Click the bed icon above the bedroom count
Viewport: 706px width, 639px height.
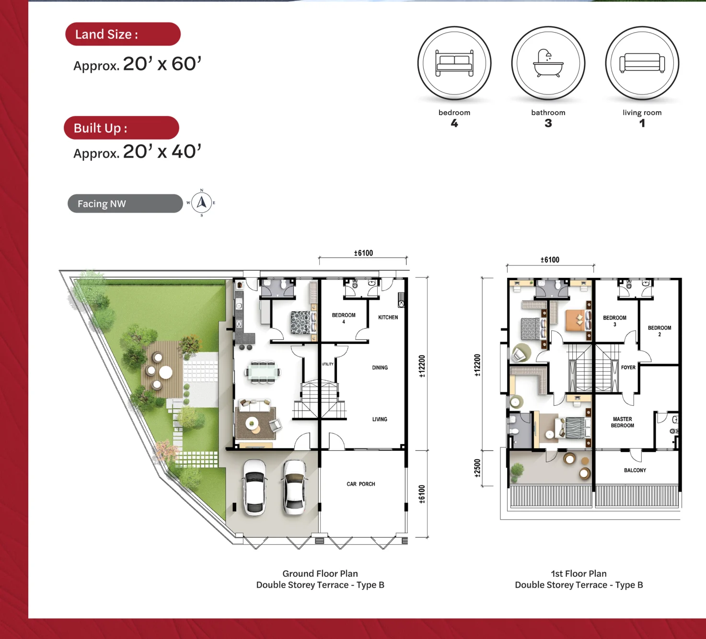(x=454, y=63)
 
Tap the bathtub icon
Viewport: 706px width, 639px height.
(x=548, y=63)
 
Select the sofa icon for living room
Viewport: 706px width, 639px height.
(x=642, y=63)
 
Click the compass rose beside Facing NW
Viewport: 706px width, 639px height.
(x=202, y=203)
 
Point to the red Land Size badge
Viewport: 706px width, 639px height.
(x=123, y=34)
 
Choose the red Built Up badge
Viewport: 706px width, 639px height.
(x=121, y=128)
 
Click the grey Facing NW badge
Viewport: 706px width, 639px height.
(x=125, y=204)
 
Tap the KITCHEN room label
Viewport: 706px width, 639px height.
(x=388, y=318)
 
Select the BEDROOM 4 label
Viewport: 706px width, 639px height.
(x=344, y=318)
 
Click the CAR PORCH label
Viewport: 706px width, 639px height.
(x=361, y=484)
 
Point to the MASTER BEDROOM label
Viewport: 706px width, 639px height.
(x=622, y=422)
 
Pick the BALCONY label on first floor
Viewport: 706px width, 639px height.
(x=635, y=470)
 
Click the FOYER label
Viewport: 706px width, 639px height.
(x=628, y=367)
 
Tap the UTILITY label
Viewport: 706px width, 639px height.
(x=328, y=364)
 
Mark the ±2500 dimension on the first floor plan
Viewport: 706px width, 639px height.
(x=477, y=468)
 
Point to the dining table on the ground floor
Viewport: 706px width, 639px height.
(x=263, y=372)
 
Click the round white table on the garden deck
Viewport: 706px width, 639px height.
(x=165, y=372)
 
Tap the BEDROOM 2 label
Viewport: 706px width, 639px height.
(x=659, y=331)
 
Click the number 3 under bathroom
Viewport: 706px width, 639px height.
(x=548, y=123)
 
